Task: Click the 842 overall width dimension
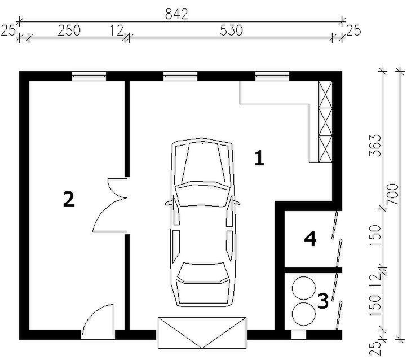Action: pyautogui.click(x=176, y=14)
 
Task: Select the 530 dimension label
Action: pyautogui.click(x=231, y=30)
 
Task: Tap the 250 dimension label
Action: pyautogui.click(x=69, y=30)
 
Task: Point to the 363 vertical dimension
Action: pyautogui.click(x=375, y=146)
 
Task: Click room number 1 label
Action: pyautogui.click(x=259, y=158)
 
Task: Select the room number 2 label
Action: pyautogui.click(x=69, y=199)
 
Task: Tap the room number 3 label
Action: pyautogui.click(x=323, y=301)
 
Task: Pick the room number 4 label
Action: pyautogui.click(x=310, y=239)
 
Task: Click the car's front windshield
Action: pyautogui.click(x=202, y=194)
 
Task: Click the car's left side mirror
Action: pyautogui.click(x=169, y=203)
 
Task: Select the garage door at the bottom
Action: pyautogui.click(x=202, y=332)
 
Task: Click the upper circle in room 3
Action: pyautogui.click(x=303, y=288)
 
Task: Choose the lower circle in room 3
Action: pyautogui.click(x=303, y=314)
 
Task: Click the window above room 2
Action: pyautogui.click(x=89, y=76)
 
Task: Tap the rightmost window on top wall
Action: pyautogui.click(x=272, y=76)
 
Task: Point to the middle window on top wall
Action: pyautogui.click(x=180, y=76)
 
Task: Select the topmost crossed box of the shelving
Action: pyautogui.click(x=325, y=95)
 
